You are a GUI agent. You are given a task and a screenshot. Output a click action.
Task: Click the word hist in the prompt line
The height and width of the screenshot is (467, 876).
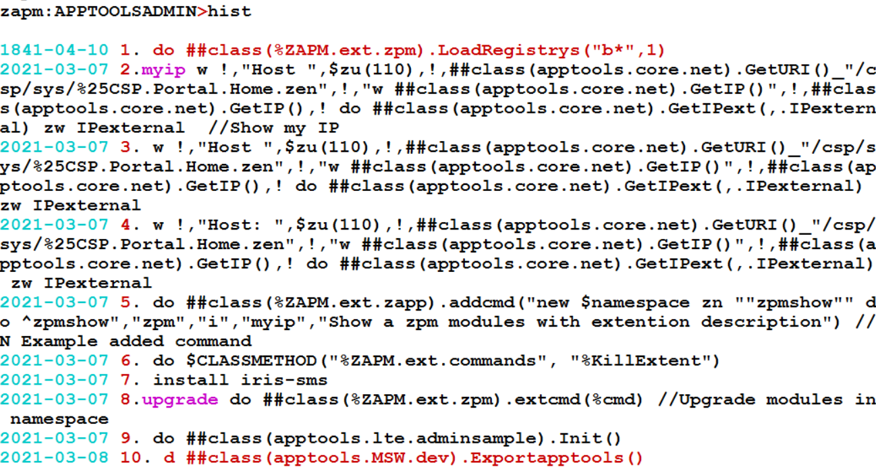pyautogui.click(x=230, y=11)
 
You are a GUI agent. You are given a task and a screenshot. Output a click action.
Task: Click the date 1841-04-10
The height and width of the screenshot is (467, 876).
pyautogui.click(x=54, y=50)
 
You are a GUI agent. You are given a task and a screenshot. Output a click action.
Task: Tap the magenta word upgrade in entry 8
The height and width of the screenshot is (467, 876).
pyautogui.click(x=179, y=400)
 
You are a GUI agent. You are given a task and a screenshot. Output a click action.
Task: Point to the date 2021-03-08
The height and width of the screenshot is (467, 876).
pyautogui.click(x=54, y=458)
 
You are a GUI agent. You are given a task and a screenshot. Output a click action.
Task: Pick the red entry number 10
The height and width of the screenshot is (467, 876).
pyautogui.click(x=132, y=458)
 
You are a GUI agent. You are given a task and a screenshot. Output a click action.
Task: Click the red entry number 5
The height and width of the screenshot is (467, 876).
pyautogui.click(x=126, y=303)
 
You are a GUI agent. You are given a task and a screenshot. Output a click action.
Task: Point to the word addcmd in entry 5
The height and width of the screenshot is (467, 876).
pyautogui.click(x=483, y=303)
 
